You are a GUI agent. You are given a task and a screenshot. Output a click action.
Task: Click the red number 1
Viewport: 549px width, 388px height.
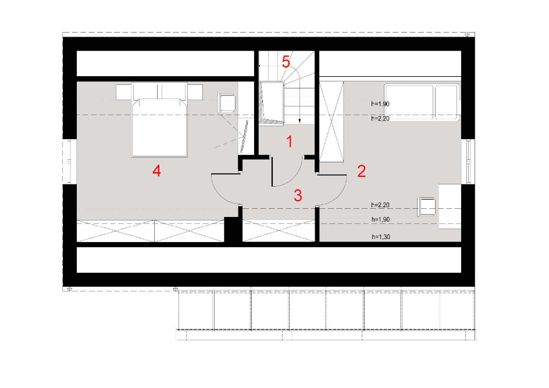(x=289, y=141)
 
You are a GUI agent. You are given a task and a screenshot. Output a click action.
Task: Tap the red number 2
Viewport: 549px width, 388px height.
(x=361, y=171)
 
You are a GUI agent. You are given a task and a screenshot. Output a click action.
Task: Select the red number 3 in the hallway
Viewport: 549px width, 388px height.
(x=298, y=195)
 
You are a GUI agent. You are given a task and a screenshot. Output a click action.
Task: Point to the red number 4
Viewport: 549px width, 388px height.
(x=156, y=171)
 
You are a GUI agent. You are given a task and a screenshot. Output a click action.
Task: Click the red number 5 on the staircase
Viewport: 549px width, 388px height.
(x=286, y=62)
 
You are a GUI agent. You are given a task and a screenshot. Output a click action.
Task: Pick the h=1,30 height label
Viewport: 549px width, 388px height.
(x=380, y=237)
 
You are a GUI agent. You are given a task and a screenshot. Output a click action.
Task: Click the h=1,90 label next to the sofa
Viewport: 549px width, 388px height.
(x=380, y=104)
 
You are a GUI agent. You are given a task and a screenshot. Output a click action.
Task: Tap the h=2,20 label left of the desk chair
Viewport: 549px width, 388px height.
(x=380, y=205)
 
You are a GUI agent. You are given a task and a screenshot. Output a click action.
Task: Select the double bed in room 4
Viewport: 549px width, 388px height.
(x=159, y=120)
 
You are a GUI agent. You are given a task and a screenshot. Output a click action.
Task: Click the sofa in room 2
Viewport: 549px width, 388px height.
(x=422, y=102)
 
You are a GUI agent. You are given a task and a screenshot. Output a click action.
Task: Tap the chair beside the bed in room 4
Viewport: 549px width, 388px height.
(x=226, y=102)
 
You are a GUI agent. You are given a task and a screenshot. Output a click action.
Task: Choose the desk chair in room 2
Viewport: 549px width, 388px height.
(x=426, y=207)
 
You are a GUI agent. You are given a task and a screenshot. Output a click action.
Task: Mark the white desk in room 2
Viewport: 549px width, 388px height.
(x=450, y=207)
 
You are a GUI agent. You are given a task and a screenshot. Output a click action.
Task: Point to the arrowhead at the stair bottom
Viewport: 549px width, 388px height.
(x=300, y=121)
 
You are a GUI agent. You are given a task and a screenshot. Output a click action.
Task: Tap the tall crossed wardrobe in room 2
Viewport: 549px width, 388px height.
(x=331, y=122)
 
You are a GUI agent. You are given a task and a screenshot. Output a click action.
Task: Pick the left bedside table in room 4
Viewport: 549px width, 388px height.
(x=124, y=92)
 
